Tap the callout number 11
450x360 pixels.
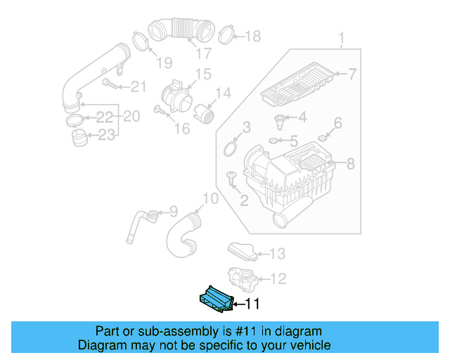point(252,304)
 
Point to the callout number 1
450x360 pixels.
point(342,37)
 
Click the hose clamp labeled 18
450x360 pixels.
point(225,33)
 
